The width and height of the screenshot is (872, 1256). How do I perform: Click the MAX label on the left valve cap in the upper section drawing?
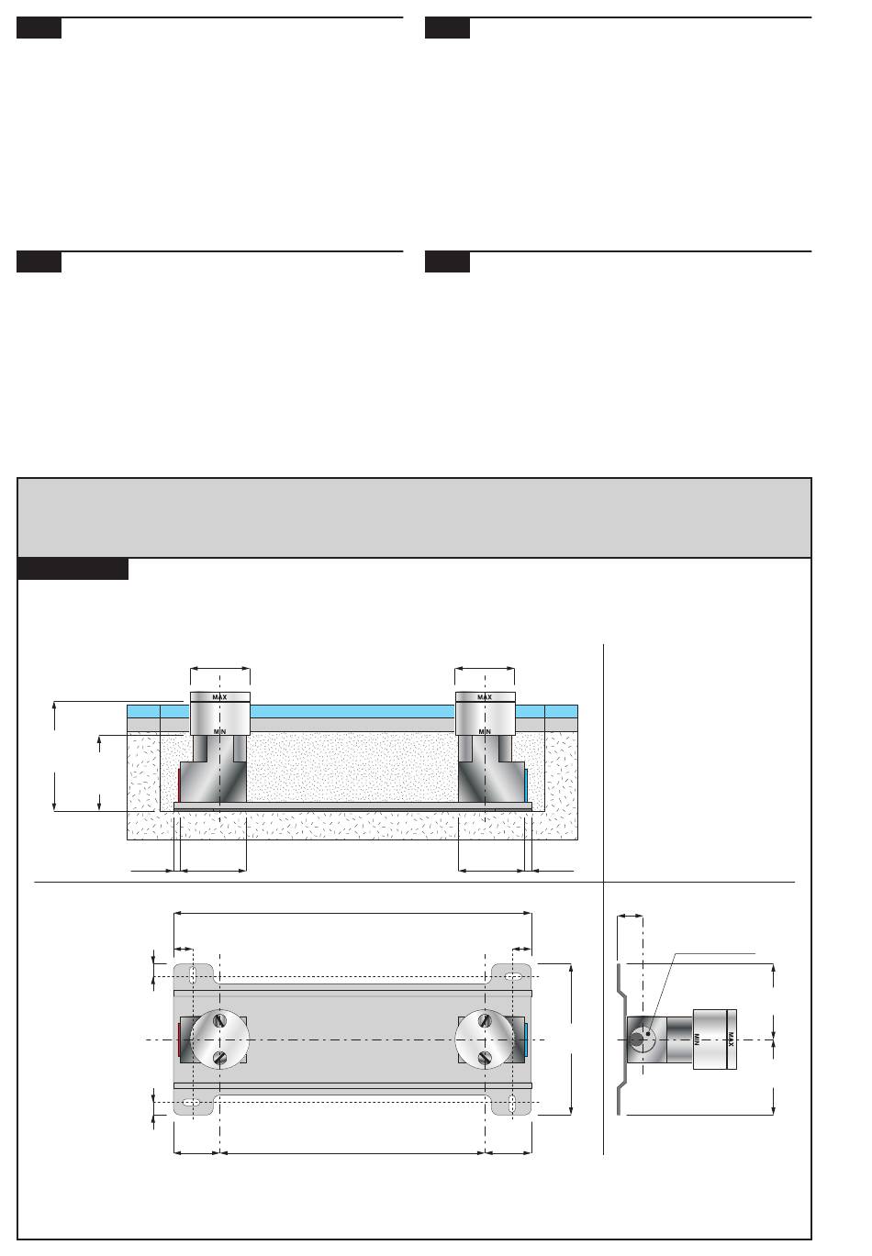click(x=219, y=697)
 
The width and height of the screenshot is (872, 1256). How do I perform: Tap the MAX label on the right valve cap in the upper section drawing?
click(x=485, y=697)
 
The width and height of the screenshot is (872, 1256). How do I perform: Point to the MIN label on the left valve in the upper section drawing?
click(x=219, y=732)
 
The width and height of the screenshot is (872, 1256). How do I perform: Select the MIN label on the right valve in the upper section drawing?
click(x=485, y=732)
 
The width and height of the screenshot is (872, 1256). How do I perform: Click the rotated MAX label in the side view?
click(x=731, y=1039)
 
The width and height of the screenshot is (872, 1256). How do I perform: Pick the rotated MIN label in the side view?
click(x=697, y=1039)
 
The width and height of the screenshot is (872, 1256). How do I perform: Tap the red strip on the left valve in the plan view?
click(x=180, y=1039)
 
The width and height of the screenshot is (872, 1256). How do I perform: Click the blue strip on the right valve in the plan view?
click(x=526, y=1039)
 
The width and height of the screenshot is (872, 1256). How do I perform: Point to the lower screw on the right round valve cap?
click(x=485, y=1059)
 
